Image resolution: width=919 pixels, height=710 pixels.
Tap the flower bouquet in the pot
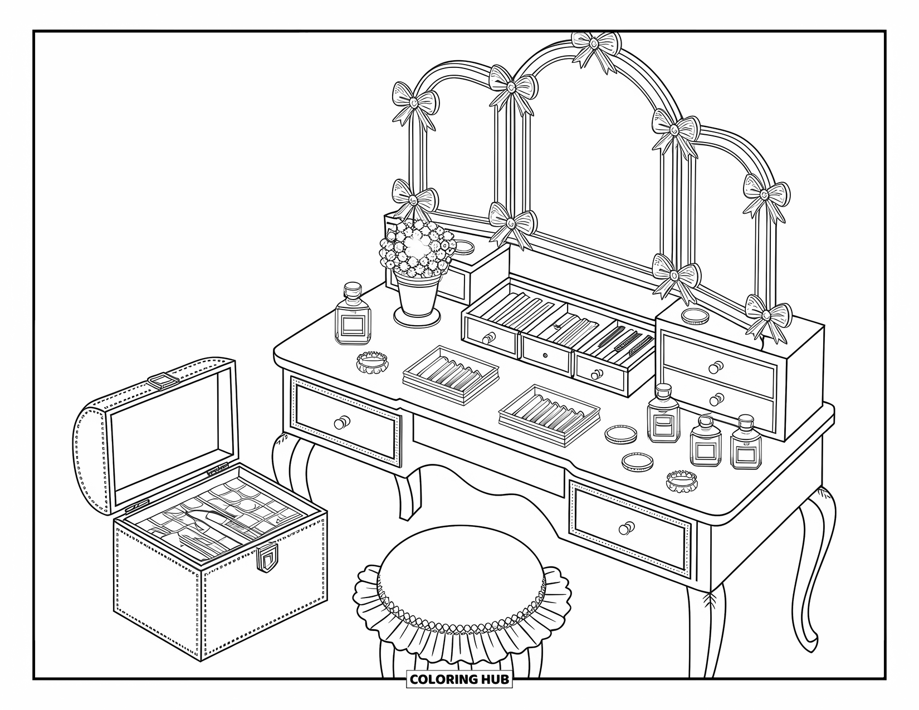click(x=415, y=248)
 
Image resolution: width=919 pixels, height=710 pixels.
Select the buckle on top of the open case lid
click(x=163, y=380)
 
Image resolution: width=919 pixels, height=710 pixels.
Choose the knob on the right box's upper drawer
click(x=716, y=366)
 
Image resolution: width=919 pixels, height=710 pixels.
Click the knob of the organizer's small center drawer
click(x=545, y=355)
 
